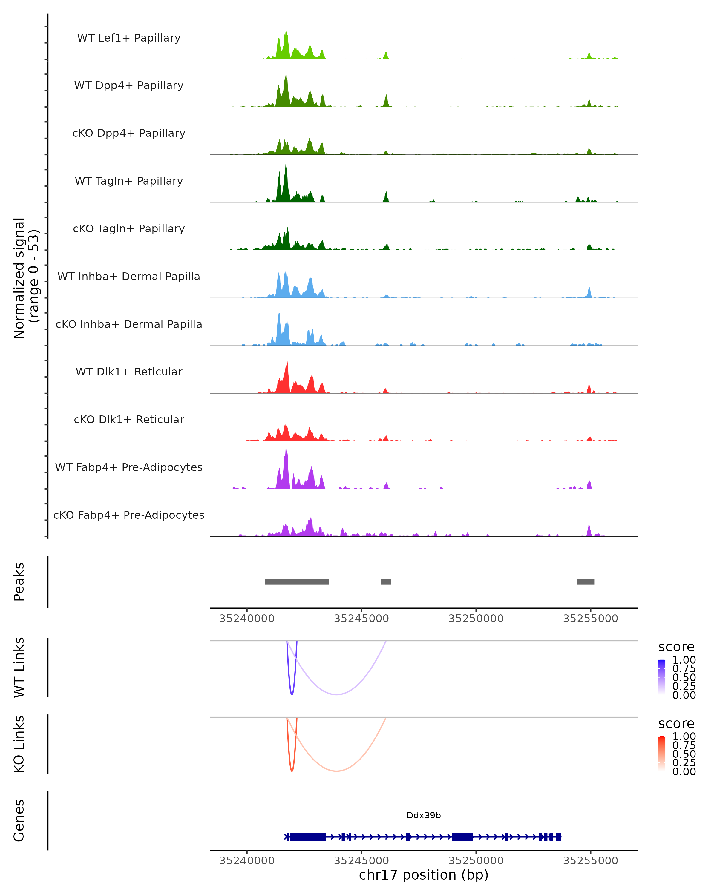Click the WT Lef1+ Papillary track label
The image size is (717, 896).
pos(129,38)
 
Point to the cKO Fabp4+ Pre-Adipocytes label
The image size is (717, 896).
pos(129,515)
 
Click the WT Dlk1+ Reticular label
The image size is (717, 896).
pos(129,372)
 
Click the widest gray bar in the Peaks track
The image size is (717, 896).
pos(297,582)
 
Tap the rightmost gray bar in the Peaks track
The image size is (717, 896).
pos(585,582)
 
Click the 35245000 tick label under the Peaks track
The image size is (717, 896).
pos(361,619)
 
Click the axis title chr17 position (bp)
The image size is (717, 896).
pos(424,875)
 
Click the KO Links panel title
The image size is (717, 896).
pos(19,744)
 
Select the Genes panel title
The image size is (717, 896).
pos(19,820)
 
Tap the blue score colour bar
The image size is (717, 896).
pos(662,677)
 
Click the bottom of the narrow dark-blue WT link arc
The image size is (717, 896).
pos(292,694)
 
